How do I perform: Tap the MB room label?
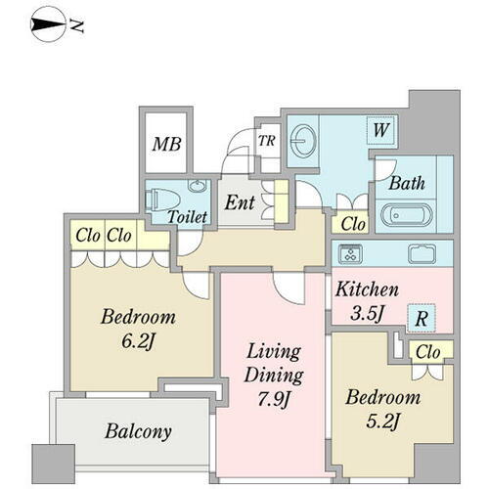click(166, 144)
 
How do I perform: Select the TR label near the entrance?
click(267, 141)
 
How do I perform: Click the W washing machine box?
click(381, 130)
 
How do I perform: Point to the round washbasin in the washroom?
click(303, 141)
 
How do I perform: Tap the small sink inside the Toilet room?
click(197, 186)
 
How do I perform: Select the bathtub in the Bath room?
click(407, 215)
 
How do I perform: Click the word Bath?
click(407, 183)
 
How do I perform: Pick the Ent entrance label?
click(240, 202)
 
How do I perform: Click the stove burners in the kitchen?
click(351, 253)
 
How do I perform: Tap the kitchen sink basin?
click(422, 253)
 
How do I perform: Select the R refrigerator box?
click(422, 318)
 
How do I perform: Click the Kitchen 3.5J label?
click(367, 301)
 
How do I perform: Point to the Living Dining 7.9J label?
click(274, 375)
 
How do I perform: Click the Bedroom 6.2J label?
click(138, 329)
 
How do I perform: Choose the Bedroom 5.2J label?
click(383, 409)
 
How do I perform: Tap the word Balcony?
click(138, 431)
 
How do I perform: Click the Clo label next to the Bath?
click(353, 224)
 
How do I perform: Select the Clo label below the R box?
click(428, 352)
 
